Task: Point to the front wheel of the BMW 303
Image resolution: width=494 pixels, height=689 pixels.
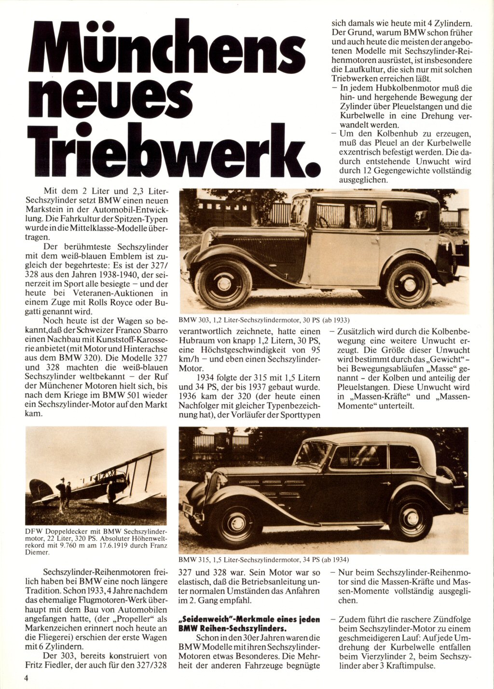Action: (223, 284)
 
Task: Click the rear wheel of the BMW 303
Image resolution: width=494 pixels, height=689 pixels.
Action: (409, 284)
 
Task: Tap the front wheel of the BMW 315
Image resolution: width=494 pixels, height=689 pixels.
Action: (236, 523)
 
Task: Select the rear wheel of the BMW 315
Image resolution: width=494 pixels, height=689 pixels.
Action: (411, 517)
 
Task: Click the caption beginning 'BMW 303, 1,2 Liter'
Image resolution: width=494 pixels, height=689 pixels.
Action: (263, 320)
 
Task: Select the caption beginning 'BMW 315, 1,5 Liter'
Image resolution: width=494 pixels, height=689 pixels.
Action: (263, 560)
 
